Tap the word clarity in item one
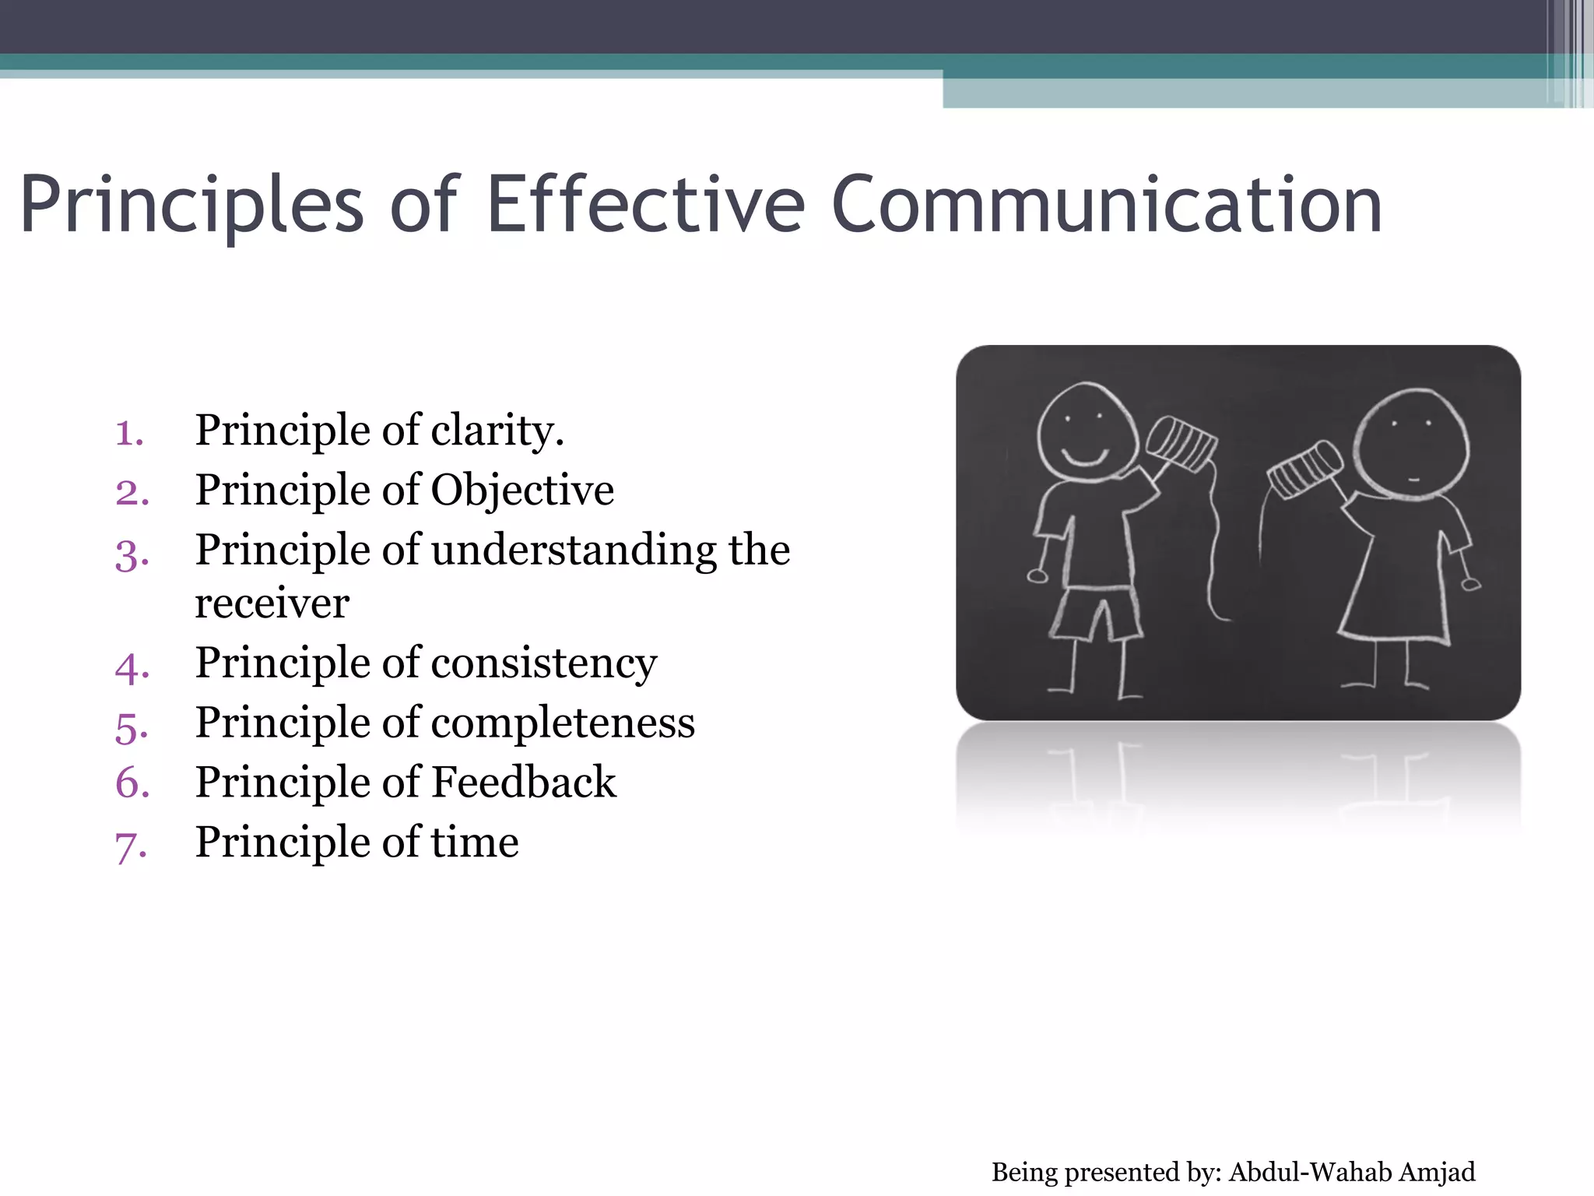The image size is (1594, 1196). pyautogui.click(x=497, y=431)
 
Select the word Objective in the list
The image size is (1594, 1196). pyautogui.click(x=522, y=491)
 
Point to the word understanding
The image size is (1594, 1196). pyautogui.click(x=573, y=551)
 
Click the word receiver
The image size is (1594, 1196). pyautogui.click(x=272, y=603)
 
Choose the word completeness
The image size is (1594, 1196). pyautogui.click(x=562, y=723)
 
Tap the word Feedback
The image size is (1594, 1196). pyautogui.click(x=523, y=783)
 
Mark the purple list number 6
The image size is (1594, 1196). pyautogui.click(x=132, y=783)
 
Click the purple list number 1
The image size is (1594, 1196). pyautogui.click(x=129, y=433)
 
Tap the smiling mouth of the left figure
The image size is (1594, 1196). pyautogui.click(x=1084, y=456)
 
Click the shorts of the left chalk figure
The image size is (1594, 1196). pyautogui.click(x=1095, y=613)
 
